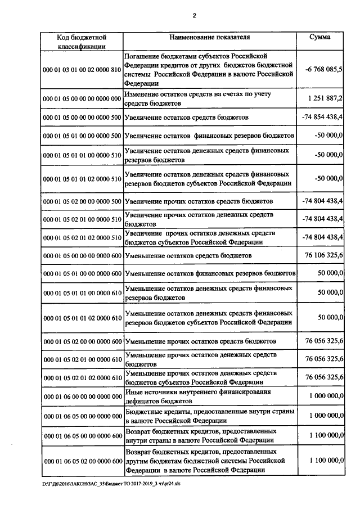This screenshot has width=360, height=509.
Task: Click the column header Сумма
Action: [320, 37]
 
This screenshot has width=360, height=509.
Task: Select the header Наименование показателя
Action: [210, 37]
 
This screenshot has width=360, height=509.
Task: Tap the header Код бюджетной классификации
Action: [82, 42]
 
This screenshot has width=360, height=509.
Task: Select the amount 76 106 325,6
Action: [324, 255]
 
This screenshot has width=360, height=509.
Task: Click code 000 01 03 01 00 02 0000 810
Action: [82, 70]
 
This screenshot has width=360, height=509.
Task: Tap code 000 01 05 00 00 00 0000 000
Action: [82, 99]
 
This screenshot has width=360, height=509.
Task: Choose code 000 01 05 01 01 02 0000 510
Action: [82, 179]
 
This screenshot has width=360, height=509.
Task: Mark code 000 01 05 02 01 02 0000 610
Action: [82, 377]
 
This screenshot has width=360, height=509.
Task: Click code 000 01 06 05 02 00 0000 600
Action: [82, 461]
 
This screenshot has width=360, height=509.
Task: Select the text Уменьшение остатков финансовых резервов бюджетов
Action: [210, 273]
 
